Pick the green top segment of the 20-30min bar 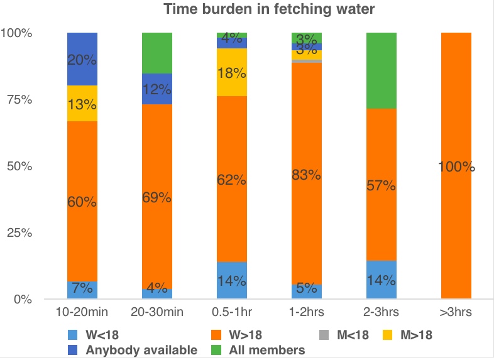click(x=156, y=53)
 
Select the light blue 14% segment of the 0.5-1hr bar click(x=231, y=280)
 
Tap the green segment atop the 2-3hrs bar click(x=381, y=70)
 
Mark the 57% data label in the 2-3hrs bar click(x=381, y=186)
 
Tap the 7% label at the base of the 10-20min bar click(x=82, y=288)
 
